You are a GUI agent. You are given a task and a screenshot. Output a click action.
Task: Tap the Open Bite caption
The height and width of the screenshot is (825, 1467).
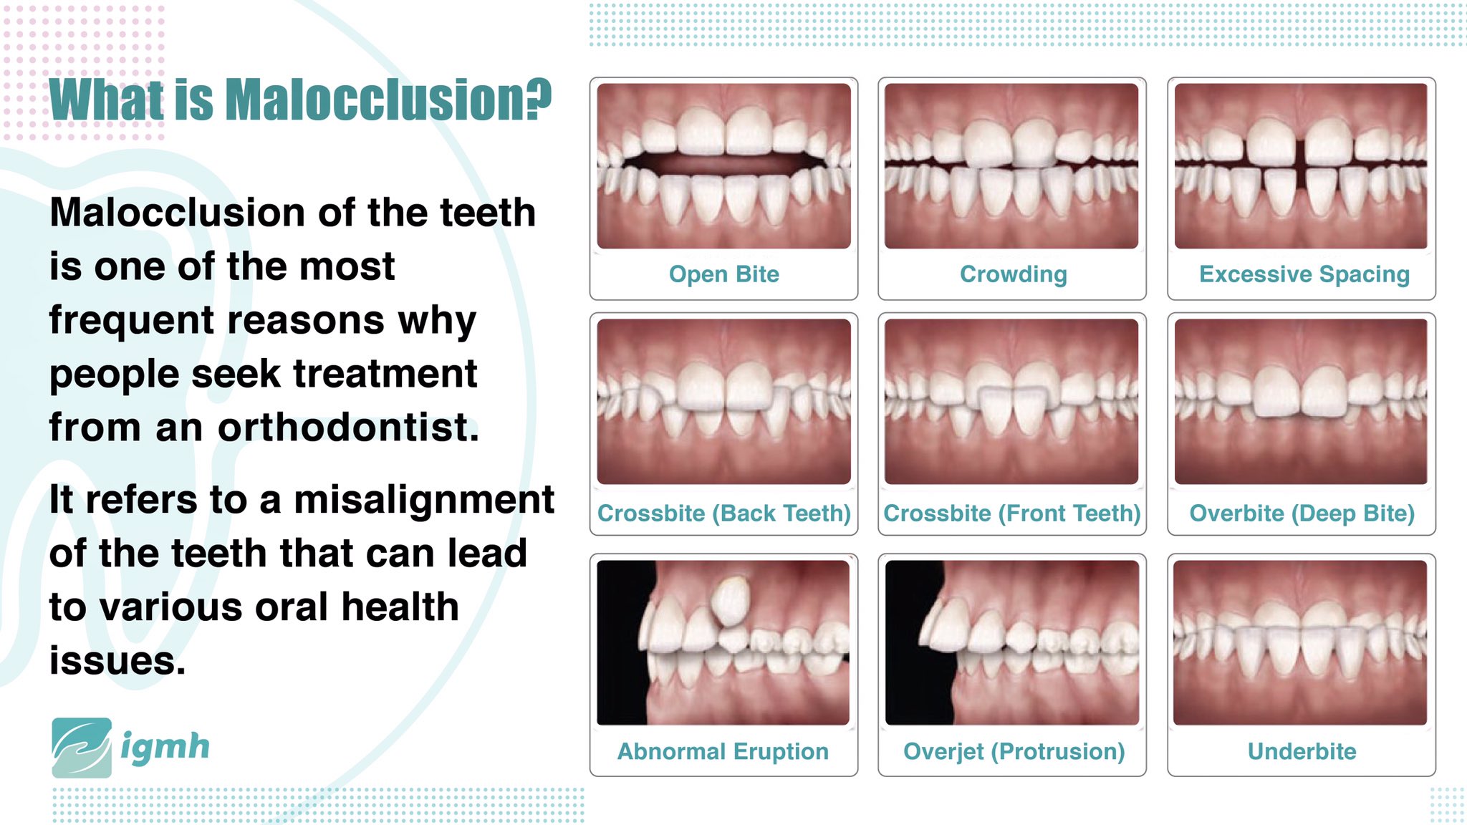[723, 274]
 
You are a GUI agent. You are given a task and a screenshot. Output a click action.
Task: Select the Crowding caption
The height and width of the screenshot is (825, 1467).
[1013, 274]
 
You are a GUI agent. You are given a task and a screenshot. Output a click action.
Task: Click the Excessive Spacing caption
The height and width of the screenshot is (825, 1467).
[1304, 274]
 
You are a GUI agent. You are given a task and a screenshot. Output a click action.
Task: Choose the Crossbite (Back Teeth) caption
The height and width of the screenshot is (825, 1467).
[723, 513]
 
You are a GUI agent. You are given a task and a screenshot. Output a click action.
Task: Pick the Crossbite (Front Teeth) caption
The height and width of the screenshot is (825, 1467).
[1011, 513]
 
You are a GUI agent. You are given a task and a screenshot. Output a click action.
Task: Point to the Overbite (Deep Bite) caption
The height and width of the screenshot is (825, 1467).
[1302, 513]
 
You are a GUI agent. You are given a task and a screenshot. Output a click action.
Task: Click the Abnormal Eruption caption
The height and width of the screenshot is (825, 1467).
[723, 751]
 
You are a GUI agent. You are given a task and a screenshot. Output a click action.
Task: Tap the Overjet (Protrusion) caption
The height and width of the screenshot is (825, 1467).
[1014, 751]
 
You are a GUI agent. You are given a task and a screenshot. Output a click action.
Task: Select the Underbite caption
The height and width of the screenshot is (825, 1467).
[1302, 751]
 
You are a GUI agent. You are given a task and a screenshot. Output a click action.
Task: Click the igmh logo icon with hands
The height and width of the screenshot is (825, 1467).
[82, 748]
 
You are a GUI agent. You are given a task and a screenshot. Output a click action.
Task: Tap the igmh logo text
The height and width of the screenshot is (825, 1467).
[165, 747]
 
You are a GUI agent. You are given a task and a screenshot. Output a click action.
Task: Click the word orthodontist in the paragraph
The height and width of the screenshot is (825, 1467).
[348, 428]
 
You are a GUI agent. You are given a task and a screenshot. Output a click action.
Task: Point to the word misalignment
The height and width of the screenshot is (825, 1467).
[424, 499]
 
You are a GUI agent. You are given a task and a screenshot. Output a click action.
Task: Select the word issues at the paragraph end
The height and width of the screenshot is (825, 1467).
[117, 660]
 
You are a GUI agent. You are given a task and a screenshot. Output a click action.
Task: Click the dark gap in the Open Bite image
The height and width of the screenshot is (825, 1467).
[723, 163]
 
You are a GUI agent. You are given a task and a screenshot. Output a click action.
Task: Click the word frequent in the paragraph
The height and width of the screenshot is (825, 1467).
[131, 320]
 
